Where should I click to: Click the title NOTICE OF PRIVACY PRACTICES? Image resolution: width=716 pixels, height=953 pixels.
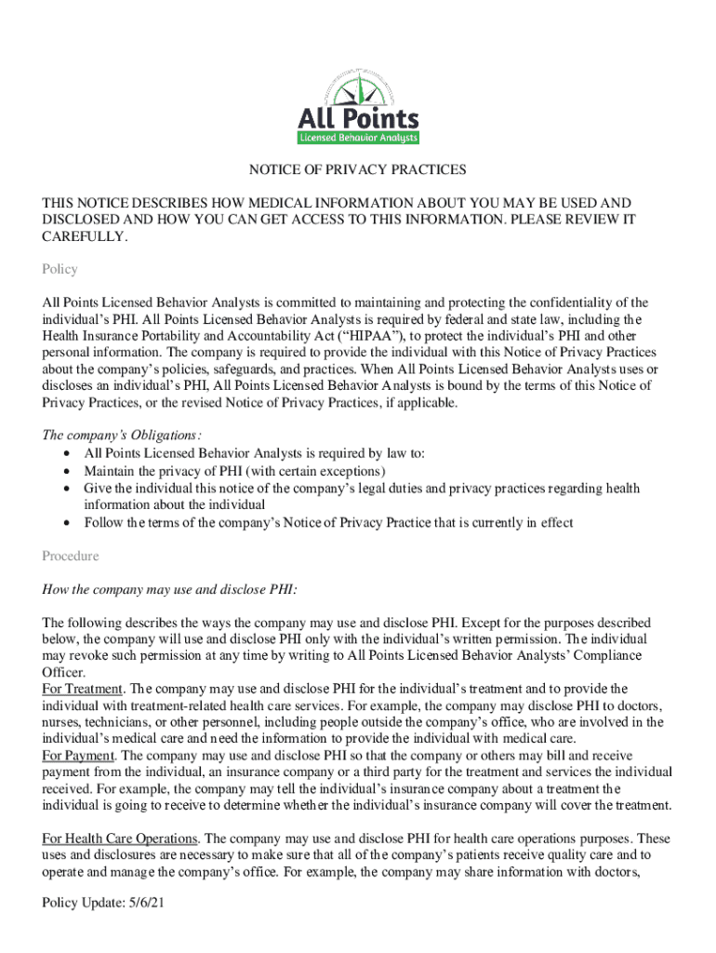tap(357, 170)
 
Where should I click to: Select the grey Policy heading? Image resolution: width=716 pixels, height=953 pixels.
tap(60, 270)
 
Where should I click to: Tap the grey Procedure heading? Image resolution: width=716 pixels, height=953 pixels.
tap(70, 557)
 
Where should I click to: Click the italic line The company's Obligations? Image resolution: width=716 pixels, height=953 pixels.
tap(122, 436)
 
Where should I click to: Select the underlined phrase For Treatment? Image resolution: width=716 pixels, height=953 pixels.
tap(83, 689)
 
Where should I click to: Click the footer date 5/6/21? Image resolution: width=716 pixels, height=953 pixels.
tap(145, 904)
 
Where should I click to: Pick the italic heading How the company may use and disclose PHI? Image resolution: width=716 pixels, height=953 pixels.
tap(170, 590)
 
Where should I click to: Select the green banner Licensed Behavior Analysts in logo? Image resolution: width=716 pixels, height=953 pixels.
tap(358, 138)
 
